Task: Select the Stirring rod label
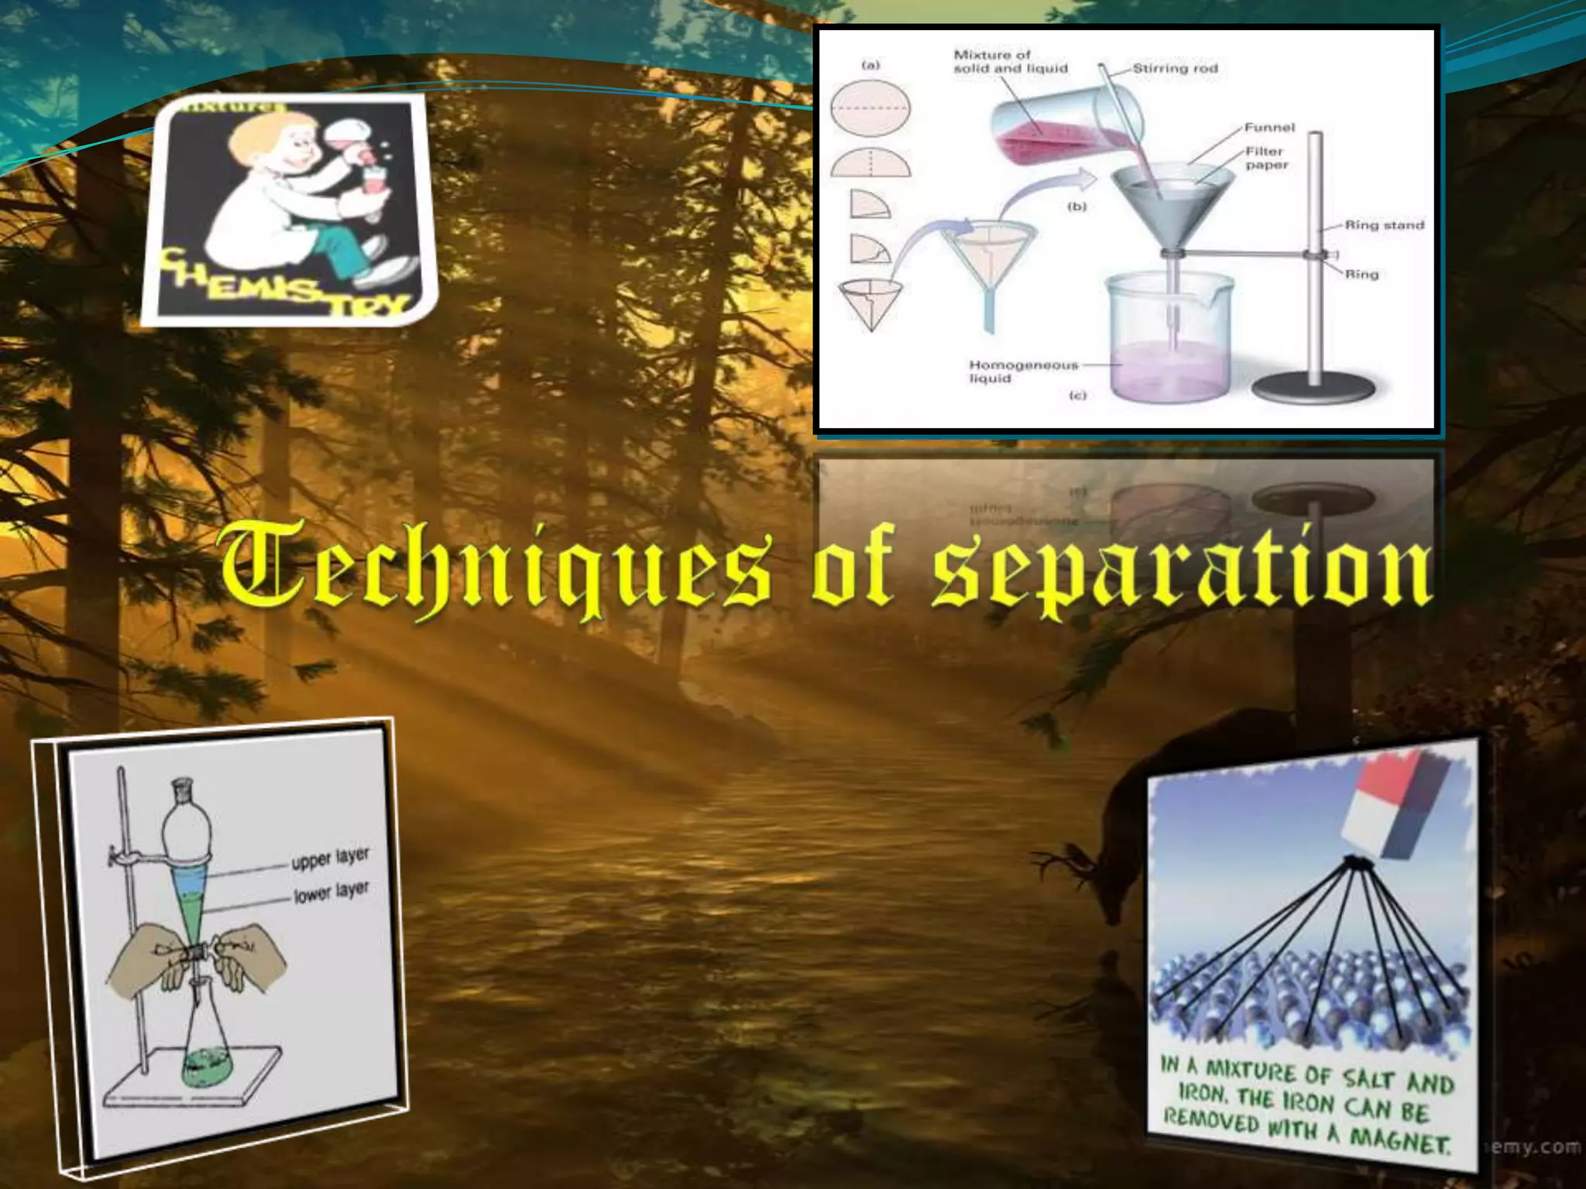tap(1175, 69)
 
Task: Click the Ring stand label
tap(1384, 225)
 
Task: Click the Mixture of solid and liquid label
tap(1010, 62)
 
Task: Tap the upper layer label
tap(330, 858)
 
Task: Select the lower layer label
tap(331, 893)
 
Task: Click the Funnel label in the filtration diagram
tap(1269, 128)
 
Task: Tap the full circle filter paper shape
tap(870, 109)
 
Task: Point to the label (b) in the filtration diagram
tap(1077, 207)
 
